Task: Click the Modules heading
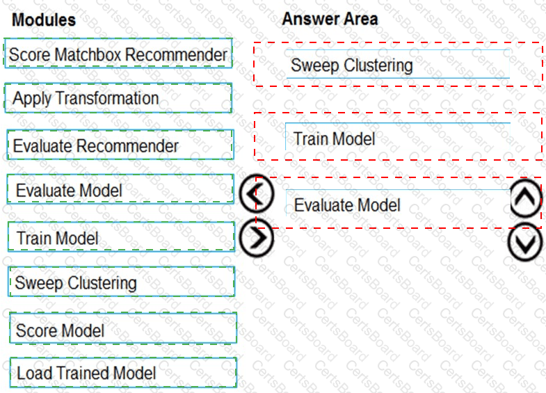click(x=44, y=19)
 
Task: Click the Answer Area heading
click(x=330, y=19)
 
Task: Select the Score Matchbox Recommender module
click(x=118, y=54)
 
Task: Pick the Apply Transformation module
click(x=118, y=98)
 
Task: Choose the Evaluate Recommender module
click(x=120, y=145)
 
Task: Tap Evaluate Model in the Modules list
click(x=120, y=189)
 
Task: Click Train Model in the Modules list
click(x=121, y=236)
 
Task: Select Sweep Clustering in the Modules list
click(x=122, y=282)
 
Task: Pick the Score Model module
click(x=123, y=328)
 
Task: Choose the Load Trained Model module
click(x=123, y=372)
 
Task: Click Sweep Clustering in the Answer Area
click(x=398, y=64)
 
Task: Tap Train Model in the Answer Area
click(x=398, y=137)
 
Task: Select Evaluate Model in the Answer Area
click(x=398, y=203)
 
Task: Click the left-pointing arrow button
click(x=257, y=193)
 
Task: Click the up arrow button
click(x=526, y=198)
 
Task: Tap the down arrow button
click(x=525, y=242)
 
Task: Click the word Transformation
click(x=107, y=98)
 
